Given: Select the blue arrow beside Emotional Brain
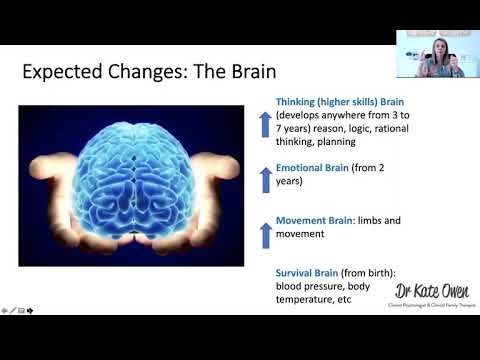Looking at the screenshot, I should (266, 179).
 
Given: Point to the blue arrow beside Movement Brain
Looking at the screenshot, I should (266, 234).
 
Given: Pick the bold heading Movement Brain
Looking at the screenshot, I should (311, 220).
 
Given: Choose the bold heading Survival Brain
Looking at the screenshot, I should (307, 272).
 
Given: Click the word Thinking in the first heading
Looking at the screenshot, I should (299, 100).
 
